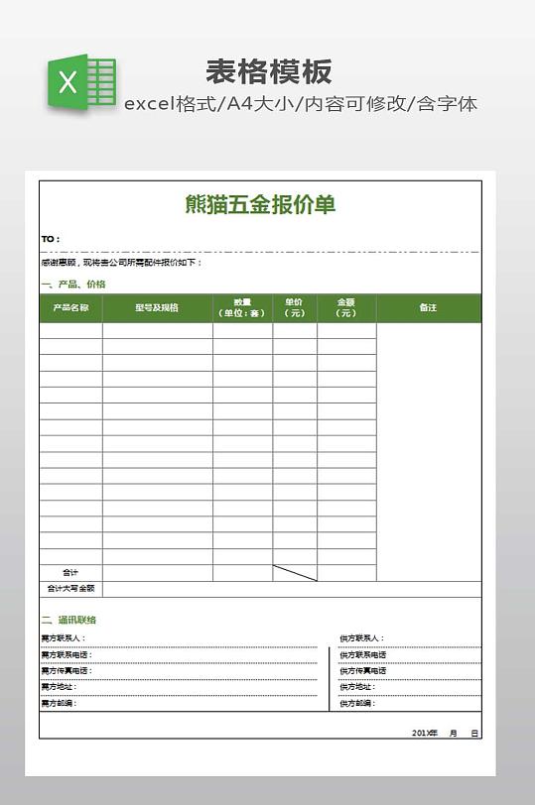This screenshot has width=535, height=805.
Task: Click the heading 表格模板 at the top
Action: point(269,71)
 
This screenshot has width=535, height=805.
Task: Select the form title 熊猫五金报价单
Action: point(260,204)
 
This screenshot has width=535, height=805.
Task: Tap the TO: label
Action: point(51,239)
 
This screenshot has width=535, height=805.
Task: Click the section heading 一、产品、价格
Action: point(73,285)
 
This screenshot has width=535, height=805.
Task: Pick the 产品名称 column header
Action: point(70,307)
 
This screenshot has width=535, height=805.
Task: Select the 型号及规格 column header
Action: point(157,307)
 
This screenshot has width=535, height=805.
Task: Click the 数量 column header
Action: point(242,307)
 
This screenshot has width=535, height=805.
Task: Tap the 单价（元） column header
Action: point(295,307)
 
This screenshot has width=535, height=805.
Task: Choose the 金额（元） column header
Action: point(346,307)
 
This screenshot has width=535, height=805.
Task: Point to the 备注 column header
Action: point(428,307)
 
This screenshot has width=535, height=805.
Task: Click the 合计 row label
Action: point(70,573)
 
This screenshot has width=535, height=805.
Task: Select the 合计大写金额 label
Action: point(70,589)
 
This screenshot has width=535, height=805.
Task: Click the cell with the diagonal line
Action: point(295,573)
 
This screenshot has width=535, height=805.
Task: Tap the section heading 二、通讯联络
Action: point(69,620)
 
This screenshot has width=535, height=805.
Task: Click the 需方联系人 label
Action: point(64,638)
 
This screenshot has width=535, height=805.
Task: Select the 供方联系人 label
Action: point(361,638)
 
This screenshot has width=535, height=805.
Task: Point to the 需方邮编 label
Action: point(59,703)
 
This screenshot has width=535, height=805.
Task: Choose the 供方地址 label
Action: point(357,687)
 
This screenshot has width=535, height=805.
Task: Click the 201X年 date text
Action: point(425,733)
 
